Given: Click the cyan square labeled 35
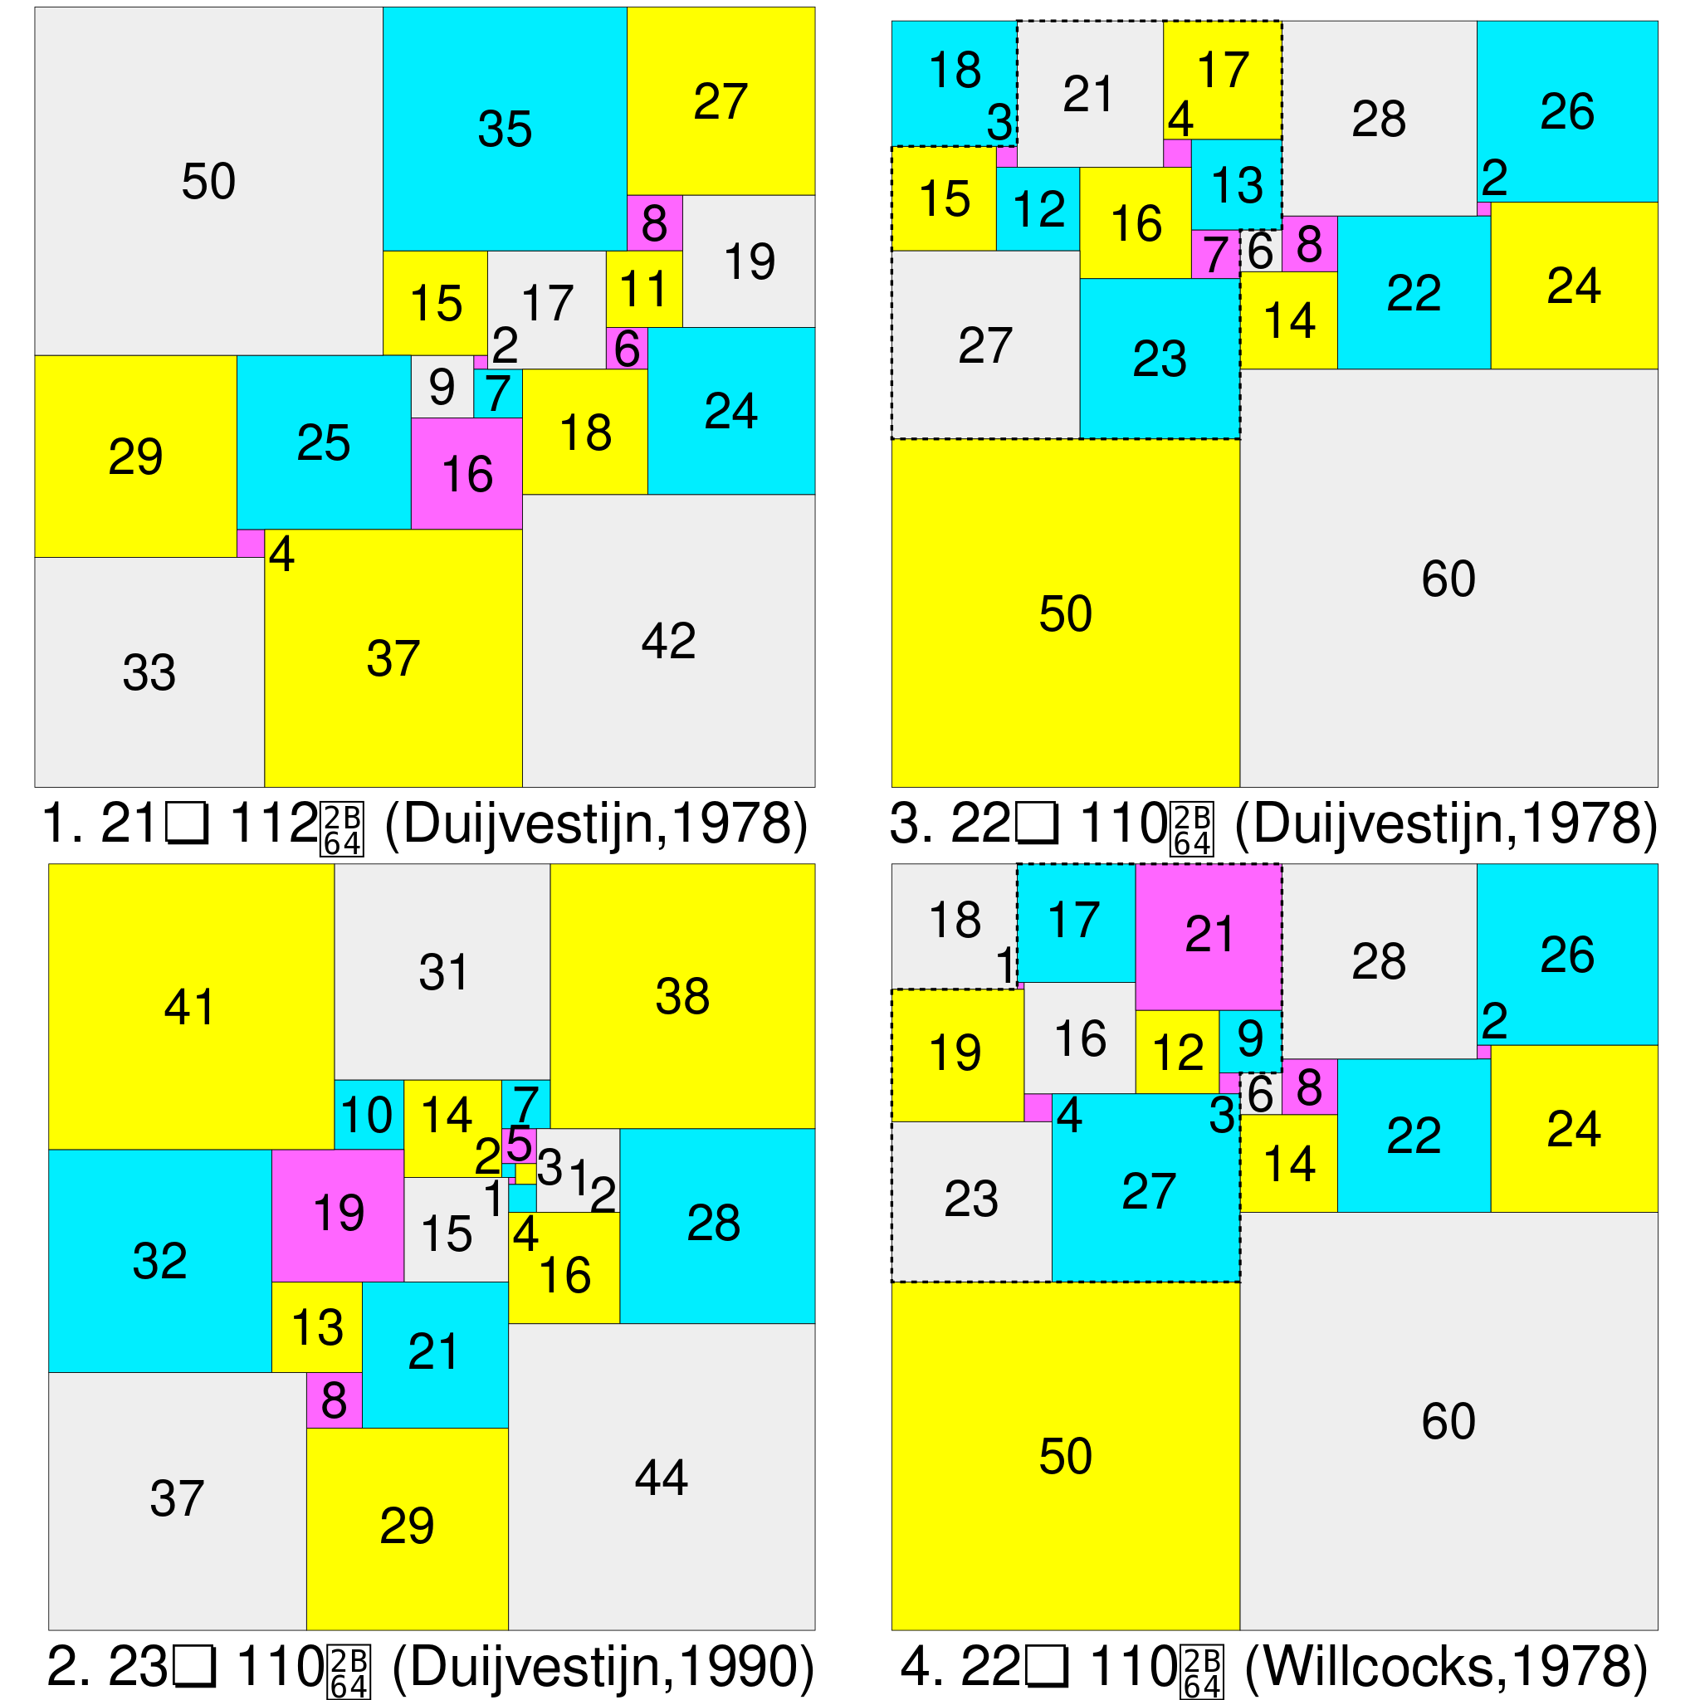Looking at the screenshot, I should [504, 129].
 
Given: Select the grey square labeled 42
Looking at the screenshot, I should [668, 640].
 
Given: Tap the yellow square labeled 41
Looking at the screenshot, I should [190, 1006].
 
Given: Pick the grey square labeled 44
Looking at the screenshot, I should [661, 1478].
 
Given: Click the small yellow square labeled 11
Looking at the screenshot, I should [643, 289].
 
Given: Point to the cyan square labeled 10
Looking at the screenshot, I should [368, 1114].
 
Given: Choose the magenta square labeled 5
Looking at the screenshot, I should [518, 1145].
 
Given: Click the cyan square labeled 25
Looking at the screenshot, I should [323, 442].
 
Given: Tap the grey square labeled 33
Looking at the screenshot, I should [149, 672].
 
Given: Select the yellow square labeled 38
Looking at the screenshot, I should [682, 996].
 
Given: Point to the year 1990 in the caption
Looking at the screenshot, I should [738, 1666].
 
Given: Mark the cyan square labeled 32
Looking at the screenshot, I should [159, 1260].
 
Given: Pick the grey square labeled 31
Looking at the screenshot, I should [442, 971].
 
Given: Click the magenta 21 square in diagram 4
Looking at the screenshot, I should [1207, 936].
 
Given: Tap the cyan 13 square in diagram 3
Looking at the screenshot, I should [1236, 185].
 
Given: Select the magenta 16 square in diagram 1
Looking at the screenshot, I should [467, 473].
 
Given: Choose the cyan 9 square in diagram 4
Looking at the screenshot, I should [1249, 1040].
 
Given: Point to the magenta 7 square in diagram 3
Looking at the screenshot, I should [1215, 254].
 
